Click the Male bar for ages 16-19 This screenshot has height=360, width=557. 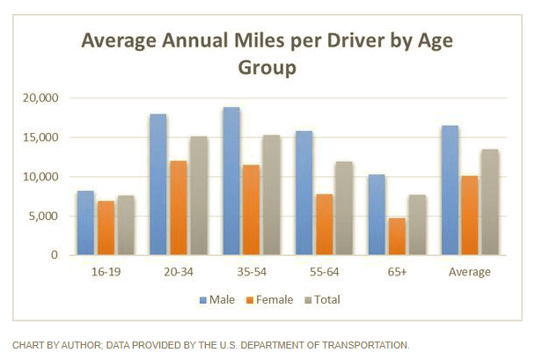click(84, 223)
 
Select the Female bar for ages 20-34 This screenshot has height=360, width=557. click(179, 208)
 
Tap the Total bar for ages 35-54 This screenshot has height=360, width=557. click(272, 195)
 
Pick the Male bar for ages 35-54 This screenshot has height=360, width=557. click(231, 181)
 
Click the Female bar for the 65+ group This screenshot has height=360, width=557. click(397, 236)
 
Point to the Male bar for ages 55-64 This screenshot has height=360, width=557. click(303, 193)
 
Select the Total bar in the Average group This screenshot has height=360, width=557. click(490, 202)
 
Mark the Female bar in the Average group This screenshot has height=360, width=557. click(470, 215)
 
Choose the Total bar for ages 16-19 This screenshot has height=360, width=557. click(126, 225)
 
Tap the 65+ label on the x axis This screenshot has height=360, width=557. click(397, 272)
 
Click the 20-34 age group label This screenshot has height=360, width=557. click(179, 272)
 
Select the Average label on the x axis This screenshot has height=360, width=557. click(470, 272)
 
